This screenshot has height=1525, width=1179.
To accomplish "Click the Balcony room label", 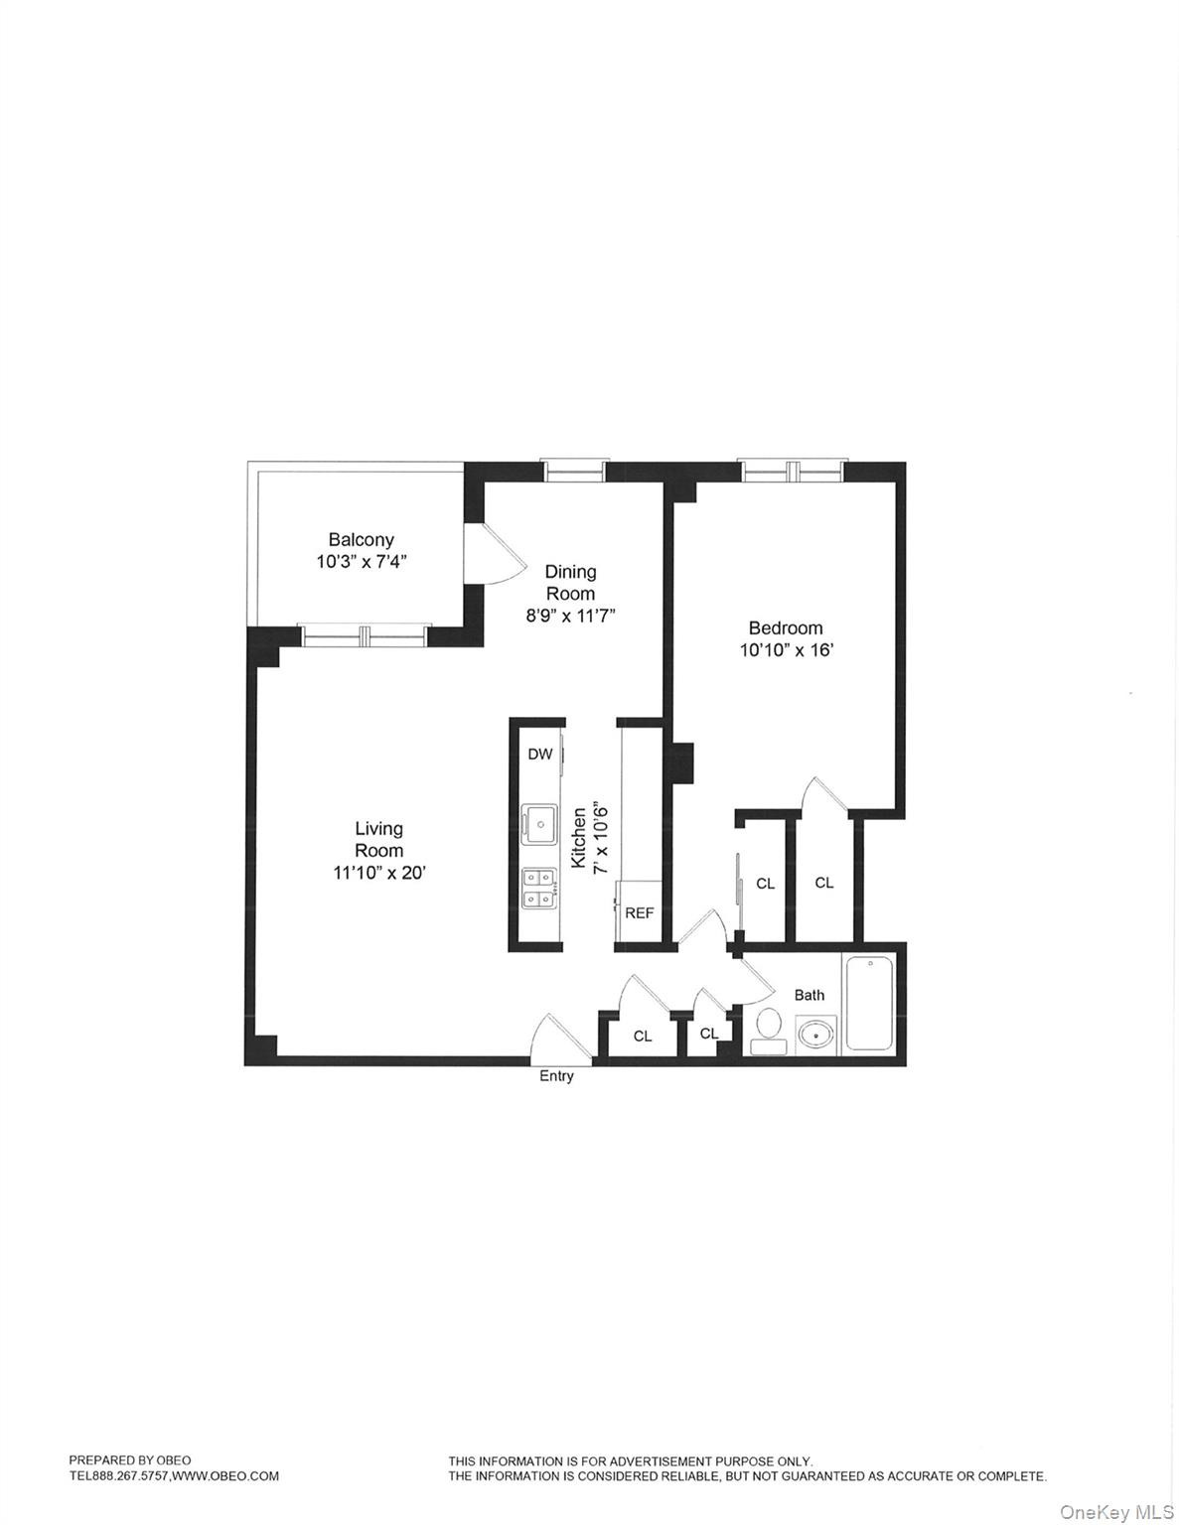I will tap(362, 540).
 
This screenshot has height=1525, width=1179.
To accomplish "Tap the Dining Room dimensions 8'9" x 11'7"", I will tap(571, 616).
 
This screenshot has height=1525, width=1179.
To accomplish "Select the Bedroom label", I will tap(785, 628).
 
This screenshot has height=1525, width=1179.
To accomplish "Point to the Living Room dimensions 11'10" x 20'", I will tap(379, 873).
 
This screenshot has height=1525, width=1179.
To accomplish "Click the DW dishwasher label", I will tap(540, 755).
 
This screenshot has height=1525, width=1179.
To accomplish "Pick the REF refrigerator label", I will tap(639, 912).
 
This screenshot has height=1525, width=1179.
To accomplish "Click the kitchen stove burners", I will tap(539, 888).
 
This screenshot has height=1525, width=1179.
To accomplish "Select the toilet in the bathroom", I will tap(769, 1028).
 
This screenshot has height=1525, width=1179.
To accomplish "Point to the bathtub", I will tap(869, 1002).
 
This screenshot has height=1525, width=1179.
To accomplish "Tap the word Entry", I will tap(556, 1076).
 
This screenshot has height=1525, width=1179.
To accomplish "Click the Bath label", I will tap(810, 995).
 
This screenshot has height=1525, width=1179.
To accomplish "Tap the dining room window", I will tap(572, 471).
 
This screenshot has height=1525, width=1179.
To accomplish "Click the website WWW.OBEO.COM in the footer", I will tap(225, 1476).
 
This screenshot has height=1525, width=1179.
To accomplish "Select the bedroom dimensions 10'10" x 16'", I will tap(785, 651).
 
